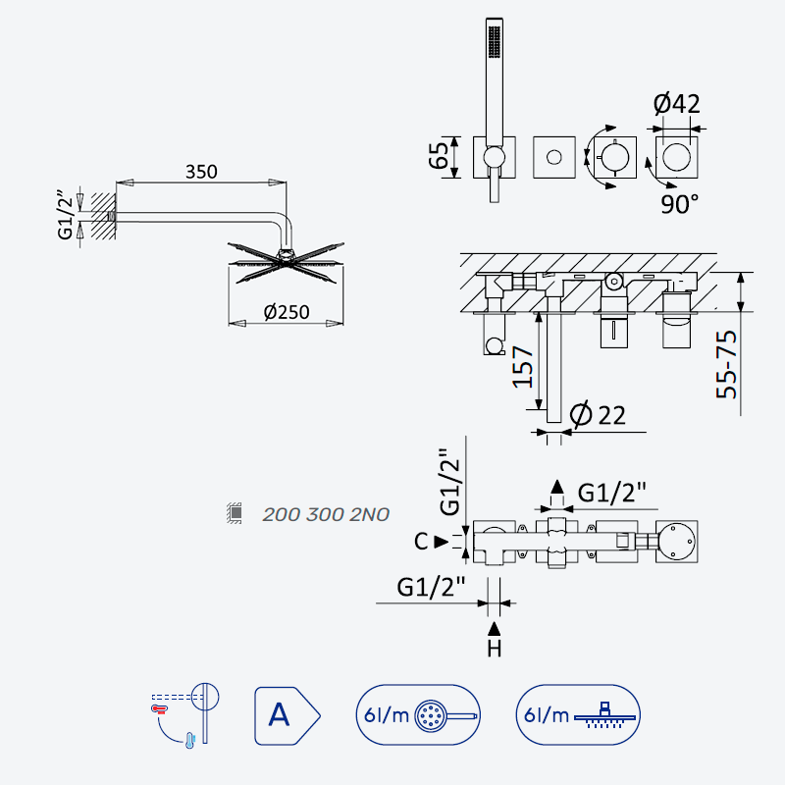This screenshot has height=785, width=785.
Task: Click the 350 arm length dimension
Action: pyautogui.click(x=201, y=172)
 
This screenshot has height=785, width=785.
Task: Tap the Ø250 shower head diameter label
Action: pyautogui.click(x=287, y=312)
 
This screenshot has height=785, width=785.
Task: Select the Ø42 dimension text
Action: pyautogui.click(x=676, y=104)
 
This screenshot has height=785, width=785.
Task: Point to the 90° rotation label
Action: pyautogui.click(x=679, y=204)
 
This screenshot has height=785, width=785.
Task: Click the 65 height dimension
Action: pyautogui.click(x=438, y=155)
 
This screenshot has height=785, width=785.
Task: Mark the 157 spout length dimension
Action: pyautogui.click(x=523, y=367)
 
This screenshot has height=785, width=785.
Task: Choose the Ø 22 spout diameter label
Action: pyautogui.click(x=598, y=415)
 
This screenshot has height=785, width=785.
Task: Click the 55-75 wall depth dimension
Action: pyautogui.click(x=726, y=364)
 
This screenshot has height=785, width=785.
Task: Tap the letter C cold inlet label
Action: pyautogui.click(x=421, y=542)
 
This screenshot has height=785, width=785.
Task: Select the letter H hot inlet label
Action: pyautogui.click(x=495, y=649)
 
